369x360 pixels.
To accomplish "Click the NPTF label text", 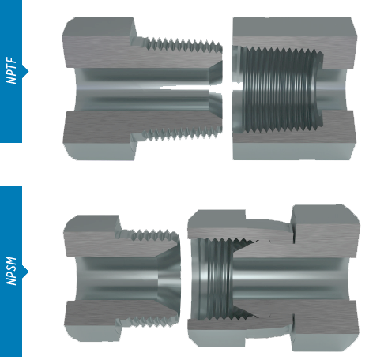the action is (11, 71).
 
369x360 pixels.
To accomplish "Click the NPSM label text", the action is (11, 272).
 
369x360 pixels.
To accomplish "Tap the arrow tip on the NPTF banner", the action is (28, 71).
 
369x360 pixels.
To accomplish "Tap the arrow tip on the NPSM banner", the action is (28, 272).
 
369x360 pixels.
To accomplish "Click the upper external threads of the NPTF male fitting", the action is (182, 45).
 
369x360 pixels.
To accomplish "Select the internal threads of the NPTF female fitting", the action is (282, 89).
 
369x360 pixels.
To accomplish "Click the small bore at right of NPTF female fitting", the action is (333, 89).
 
